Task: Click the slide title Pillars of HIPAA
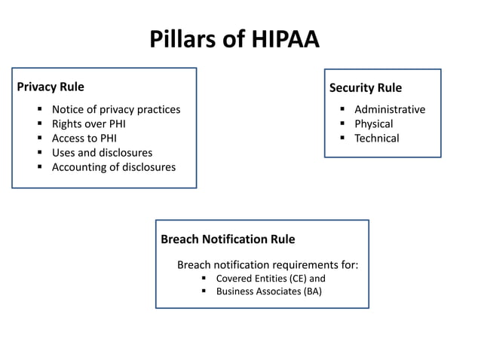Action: (234, 38)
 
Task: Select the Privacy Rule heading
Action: (51, 87)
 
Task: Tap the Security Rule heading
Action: (366, 88)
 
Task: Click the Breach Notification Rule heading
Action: (228, 239)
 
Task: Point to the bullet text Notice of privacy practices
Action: (116, 110)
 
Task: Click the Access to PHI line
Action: (84, 139)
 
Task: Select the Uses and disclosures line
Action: (102, 153)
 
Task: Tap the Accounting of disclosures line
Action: (113, 167)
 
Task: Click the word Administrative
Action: (390, 110)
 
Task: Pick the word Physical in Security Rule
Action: (374, 124)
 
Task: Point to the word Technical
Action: (377, 139)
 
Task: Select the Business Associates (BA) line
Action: (268, 292)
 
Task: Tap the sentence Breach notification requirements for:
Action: (268, 265)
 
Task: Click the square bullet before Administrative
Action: (342, 110)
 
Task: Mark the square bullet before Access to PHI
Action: (39, 139)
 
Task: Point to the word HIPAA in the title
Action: (281, 38)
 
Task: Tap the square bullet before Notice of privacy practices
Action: (39, 110)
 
